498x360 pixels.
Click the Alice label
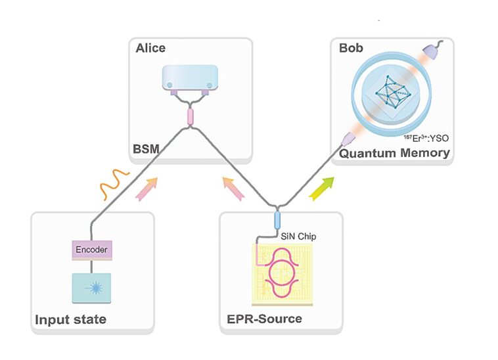click(x=150, y=48)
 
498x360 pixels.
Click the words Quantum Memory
click(x=394, y=153)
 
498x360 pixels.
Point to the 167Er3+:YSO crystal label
click(x=424, y=139)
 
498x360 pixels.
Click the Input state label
click(x=70, y=319)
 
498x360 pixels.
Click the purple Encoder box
click(x=91, y=250)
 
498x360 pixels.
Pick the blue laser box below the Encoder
click(x=91, y=288)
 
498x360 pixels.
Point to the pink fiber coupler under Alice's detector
click(x=189, y=117)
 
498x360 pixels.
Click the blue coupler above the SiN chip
click(x=277, y=218)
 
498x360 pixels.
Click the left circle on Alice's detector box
click(x=170, y=85)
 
